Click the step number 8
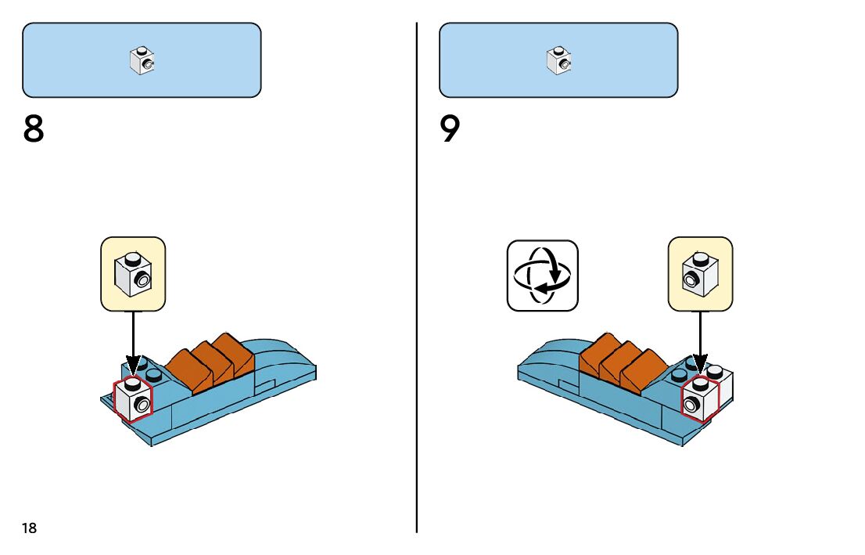[34, 130]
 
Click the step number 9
[450, 130]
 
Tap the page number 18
[29, 528]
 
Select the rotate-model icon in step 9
[542, 275]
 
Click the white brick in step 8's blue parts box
[142, 61]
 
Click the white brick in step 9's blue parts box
[558, 61]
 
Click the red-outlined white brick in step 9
[700, 399]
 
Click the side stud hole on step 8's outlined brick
[141, 404]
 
